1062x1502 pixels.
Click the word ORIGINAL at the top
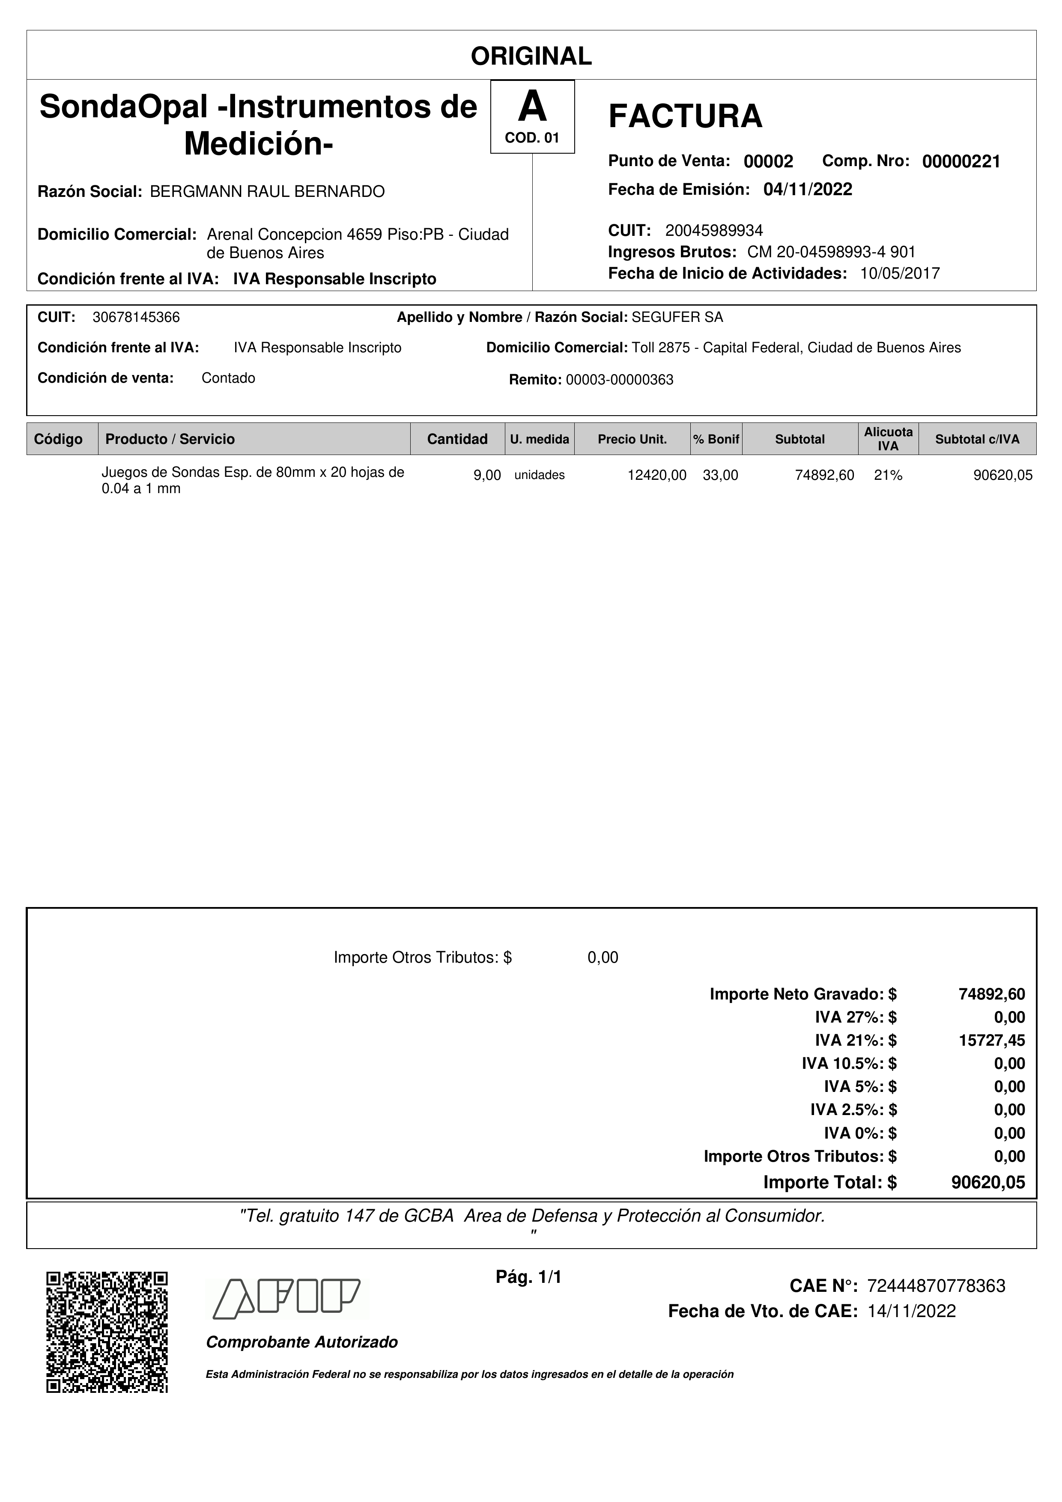(x=531, y=56)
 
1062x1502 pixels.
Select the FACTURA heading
(x=685, y=116)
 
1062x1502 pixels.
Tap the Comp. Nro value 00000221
(x=961, y=161)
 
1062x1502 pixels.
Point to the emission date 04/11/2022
(x=808, y=190)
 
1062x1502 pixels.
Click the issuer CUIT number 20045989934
(x=714, y=230)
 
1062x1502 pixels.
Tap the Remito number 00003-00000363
(x=619, y=380)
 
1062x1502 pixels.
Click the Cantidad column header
(x=457, y=439)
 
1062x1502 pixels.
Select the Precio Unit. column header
(x=632, y=439)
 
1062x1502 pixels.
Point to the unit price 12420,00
(x=657, y=476)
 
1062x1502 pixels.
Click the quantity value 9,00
(x=487, y=476)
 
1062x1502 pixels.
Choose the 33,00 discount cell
(x=720, y=476)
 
